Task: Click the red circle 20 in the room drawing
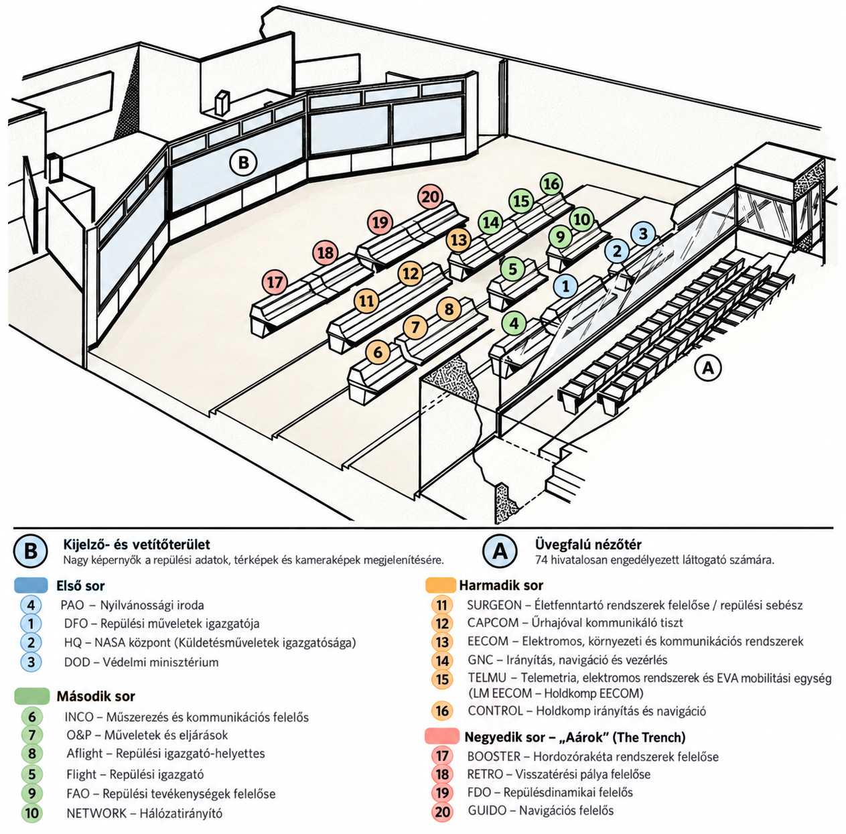(430, 197)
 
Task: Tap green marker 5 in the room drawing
(513, 269)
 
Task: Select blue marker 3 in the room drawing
(643, 234)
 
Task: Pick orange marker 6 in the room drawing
(378, 352)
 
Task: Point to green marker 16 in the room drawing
(551, 184)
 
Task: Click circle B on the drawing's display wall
(243, 163)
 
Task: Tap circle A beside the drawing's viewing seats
(708, 368)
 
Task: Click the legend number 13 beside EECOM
(441, 642)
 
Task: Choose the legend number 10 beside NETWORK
(31, 813)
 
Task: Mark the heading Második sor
(96, 697)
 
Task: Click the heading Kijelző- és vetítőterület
(137, 545)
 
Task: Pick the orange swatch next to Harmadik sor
(441, 585)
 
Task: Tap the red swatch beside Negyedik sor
(441, 736)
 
